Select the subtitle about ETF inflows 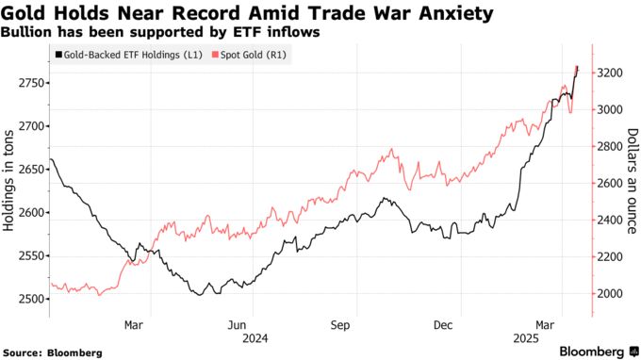click(160, 32)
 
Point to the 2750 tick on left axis click(28, 83)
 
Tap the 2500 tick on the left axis click(28, 299)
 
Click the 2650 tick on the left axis click(28, 170)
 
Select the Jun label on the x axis click(242, 324)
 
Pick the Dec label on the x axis click(442, 324)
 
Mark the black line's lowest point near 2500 click(197, 295)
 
